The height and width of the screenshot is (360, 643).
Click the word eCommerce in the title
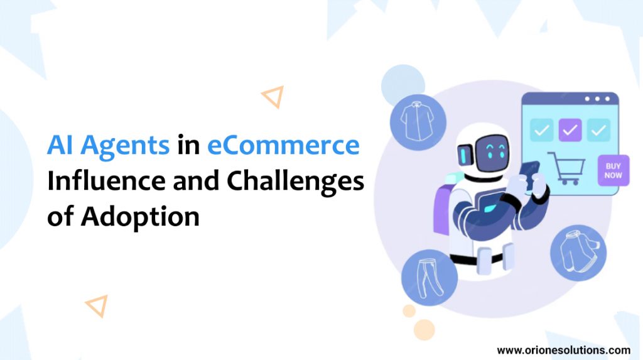tap(283, 145)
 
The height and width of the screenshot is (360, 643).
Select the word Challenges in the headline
tap(295, 182)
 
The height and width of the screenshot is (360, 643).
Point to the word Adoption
tap(140, 217)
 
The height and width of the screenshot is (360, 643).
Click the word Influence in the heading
tap(108, 180)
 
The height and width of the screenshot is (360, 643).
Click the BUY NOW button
tap(613, 170)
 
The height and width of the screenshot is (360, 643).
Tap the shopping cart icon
tap(567, 168)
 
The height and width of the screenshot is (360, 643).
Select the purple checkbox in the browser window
tap(570, 130)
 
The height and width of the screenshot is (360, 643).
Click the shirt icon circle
tap(418, 123)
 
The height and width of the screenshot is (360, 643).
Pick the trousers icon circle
tap(430, 278)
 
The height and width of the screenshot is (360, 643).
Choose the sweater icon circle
tap(578, 253)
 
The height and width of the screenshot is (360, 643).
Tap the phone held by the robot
tap(529, 175)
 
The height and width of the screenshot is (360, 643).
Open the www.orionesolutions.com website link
tap(563, 350)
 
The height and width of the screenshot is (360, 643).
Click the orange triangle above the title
tap(273, 97)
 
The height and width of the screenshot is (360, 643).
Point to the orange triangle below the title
tap(97, 305)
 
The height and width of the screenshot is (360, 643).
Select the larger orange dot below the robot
tap(424, 330)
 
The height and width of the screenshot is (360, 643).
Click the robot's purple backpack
tap(441, 209)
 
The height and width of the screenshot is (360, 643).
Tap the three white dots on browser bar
tap(597, 99)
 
